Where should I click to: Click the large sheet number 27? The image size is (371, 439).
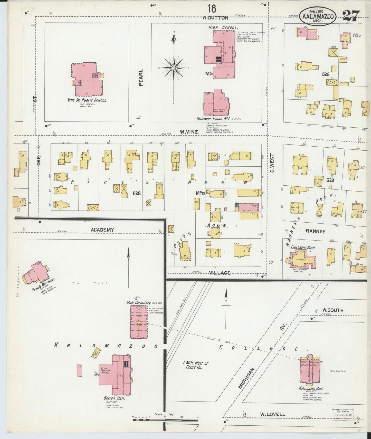click(x=351, y=16)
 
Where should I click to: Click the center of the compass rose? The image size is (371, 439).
click(x=174, y=68)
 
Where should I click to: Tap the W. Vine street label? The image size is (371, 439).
click(x=189, y=132)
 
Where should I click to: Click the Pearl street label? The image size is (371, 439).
click(x=141, y=77)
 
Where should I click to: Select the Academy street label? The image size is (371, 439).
click(x=102, y=230)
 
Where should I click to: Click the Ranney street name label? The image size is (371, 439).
click(x=316, y=231)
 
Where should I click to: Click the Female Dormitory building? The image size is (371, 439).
click(x=36, y=273)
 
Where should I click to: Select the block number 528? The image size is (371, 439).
click(x=137, y=193)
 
